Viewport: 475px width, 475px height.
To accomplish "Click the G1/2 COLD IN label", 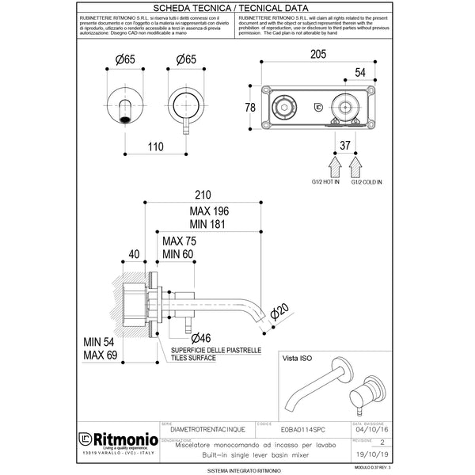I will click(x=367, y=182).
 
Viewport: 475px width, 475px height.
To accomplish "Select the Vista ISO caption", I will click(x=300, y=359).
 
